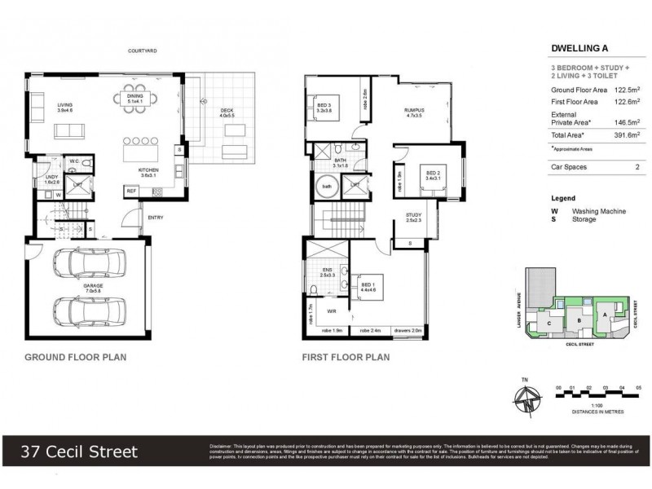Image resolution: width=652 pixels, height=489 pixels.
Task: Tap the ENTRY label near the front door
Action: coord(154,218)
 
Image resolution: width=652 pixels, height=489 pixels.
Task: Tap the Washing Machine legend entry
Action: coord(598,211)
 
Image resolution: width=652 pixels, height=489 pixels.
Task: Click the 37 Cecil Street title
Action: coord(80,451)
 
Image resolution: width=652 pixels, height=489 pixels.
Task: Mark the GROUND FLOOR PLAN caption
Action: coord(75,357)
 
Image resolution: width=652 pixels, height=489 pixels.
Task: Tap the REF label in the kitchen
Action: coord(130,192)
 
